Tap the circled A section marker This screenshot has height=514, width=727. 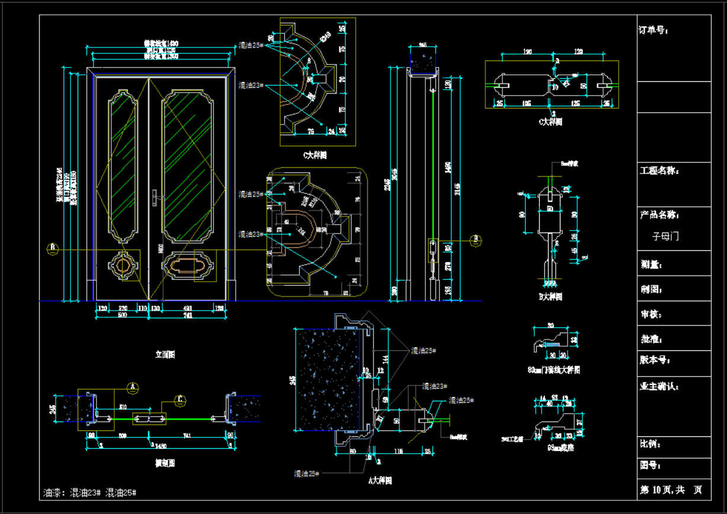click(x=133, y=388)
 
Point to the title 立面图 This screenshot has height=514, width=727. click(x=165, y=355)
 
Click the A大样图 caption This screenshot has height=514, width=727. click(x=380, y=480)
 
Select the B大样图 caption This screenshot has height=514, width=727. click(x=550, y=296)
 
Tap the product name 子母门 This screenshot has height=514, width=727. click(x=665, y=236)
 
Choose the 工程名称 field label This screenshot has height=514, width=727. click(x=659, y=171)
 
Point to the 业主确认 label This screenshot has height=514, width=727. click(x=659, y=387)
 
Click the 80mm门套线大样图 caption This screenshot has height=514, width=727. click(x=553, y=370)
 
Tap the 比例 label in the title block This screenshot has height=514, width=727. click(x=650, y=444)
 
